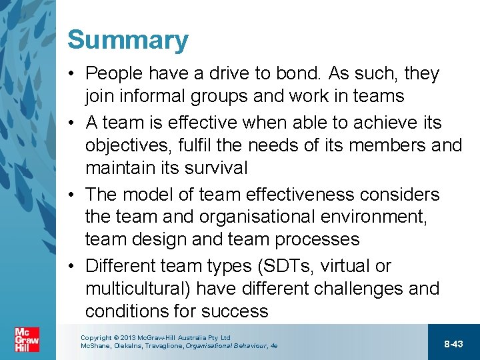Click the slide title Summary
coord(127,41)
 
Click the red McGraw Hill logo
coord(27,341)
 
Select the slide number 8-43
coord(453,343)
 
